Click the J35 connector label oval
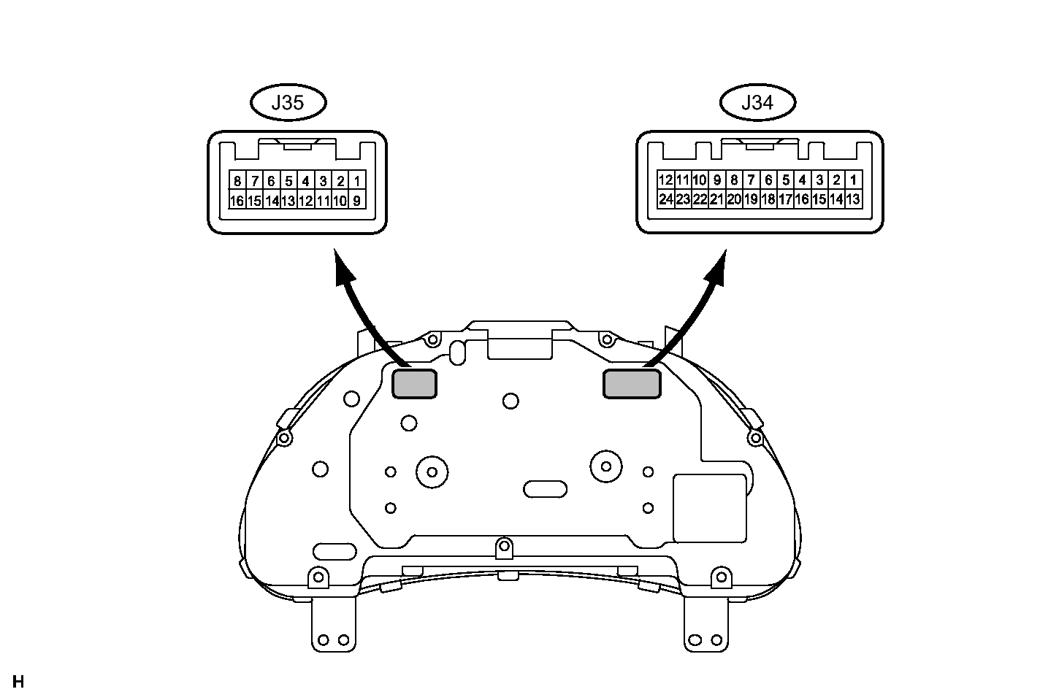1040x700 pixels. coord(288,102)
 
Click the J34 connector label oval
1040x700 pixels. coord(757,102)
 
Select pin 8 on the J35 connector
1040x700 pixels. coord(237,180)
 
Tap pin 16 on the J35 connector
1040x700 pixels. coord(237,201)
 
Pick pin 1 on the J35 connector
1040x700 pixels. coord(357,180)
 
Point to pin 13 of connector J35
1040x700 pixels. coord(288,201)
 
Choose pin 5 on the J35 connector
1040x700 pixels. coord(288,180)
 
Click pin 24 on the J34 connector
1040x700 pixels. coord(666,199)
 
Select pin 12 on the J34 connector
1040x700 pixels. coord(666,180)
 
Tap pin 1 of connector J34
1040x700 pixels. coord(853,180)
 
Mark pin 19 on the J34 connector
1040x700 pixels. coord(751,199)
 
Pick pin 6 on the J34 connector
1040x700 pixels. coord(768,180)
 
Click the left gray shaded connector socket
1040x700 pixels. coord(415,384)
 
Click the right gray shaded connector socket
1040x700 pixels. coord(632,384)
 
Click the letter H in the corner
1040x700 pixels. coord(18,682)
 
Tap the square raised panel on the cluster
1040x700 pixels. coord(709,508)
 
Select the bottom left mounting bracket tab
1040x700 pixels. coord(333,625)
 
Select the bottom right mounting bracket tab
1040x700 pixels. coord(706,625)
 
